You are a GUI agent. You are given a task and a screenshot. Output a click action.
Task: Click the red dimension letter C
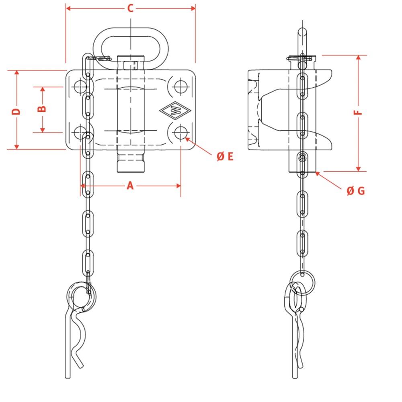[131, 8]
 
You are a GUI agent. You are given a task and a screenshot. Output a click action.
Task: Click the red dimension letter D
[16, 111]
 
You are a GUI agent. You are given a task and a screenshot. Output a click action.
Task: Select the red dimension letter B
[42, 109]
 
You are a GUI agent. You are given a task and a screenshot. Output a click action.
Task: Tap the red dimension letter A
[130, 185]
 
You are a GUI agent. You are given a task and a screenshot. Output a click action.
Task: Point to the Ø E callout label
[225, 156]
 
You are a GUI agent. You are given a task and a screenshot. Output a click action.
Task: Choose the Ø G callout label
[356, 191]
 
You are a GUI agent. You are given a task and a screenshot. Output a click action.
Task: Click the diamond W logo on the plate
[175, 111]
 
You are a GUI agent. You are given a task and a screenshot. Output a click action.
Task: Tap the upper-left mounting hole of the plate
[80, 87]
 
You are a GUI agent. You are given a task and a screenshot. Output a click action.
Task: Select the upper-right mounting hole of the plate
[180, 87]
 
